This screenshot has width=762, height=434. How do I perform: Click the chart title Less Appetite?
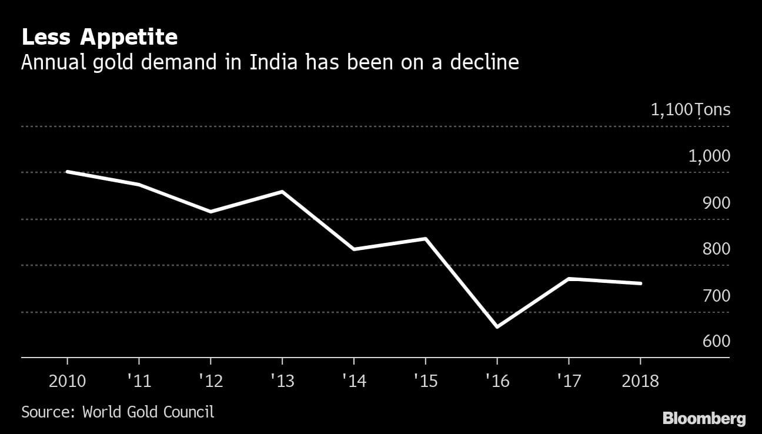99,38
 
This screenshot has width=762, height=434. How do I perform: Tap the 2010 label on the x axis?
67,381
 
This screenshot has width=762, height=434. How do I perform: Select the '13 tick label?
282,381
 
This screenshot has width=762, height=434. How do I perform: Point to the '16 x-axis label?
497,381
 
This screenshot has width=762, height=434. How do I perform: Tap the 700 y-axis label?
716,296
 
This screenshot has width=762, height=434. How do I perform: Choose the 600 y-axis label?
716,342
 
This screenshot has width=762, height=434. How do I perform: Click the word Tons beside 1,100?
713,109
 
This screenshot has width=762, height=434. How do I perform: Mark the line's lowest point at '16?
497,327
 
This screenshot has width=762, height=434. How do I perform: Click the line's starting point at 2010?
67,172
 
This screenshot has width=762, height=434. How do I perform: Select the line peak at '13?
282,192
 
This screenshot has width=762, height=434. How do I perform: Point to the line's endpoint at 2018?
640,283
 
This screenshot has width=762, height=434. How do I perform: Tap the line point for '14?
354,249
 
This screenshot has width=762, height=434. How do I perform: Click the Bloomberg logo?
704,419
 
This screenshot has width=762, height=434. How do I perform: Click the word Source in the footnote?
46,412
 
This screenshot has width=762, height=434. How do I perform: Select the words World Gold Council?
148,412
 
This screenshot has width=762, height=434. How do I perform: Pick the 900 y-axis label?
716,203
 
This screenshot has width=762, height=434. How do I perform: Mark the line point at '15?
425,238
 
